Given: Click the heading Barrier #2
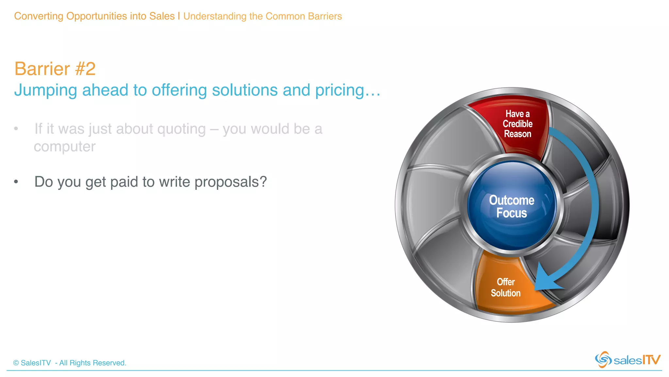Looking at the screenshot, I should [x=55, y=69].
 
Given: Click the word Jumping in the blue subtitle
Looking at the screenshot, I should [x=45, y=90].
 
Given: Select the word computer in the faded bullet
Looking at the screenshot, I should [x=65, y=147].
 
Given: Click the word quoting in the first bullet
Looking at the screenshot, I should [x=181, y=129].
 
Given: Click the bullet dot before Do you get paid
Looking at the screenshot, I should [x=16, y=182].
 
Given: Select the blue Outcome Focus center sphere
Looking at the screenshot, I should [x=512, y=206].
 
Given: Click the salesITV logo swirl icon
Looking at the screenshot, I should [x=603, y=360].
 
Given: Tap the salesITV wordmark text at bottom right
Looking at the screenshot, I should [x=637, y=360].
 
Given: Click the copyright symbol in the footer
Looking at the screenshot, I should [x=16, y=363].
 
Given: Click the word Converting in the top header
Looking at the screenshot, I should [x=39, y=16].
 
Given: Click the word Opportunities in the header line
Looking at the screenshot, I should [x=96, y=16].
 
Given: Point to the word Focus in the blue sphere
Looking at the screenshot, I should [x=512, y=213].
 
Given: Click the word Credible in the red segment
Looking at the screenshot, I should [x=517, y=124].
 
